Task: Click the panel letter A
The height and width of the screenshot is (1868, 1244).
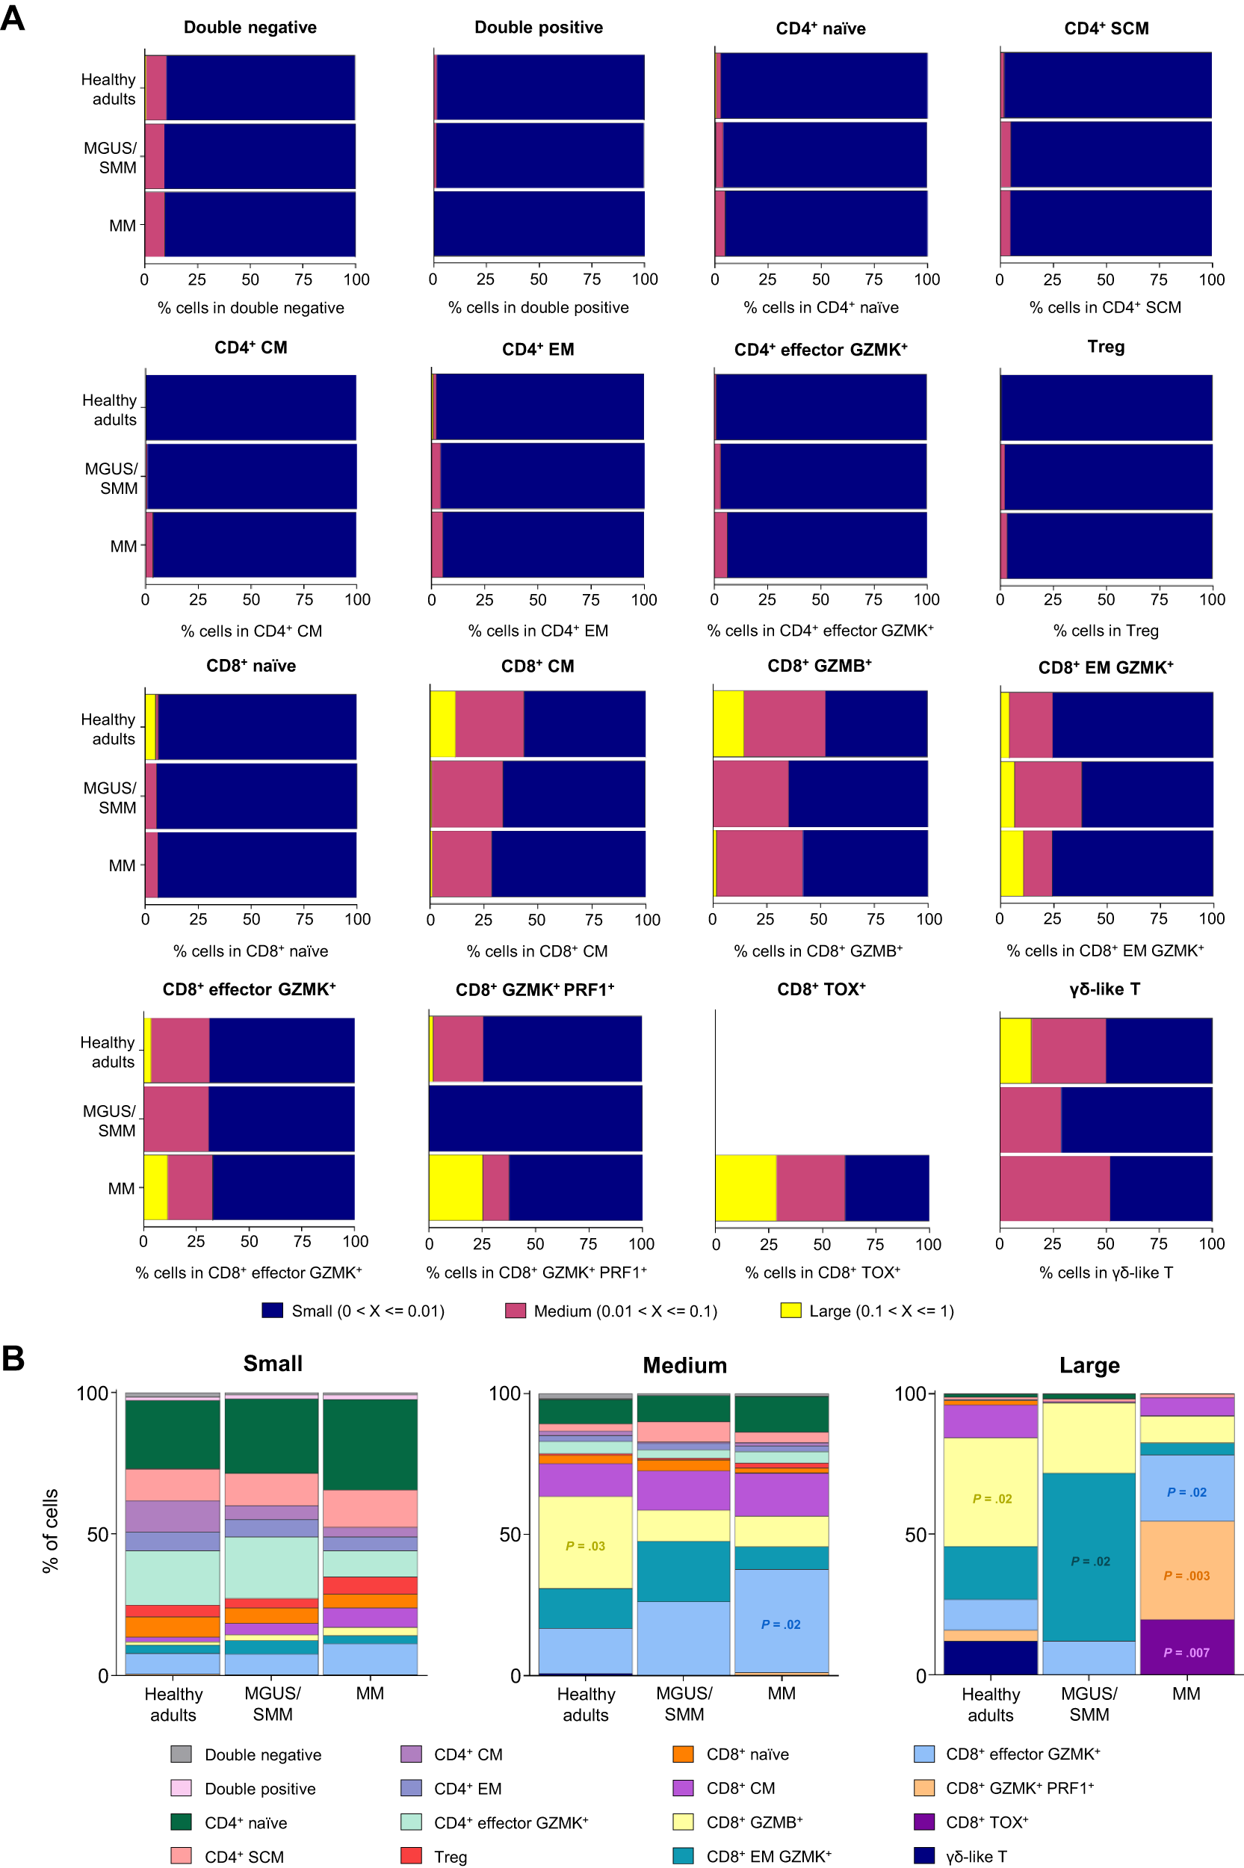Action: tap(13, 17)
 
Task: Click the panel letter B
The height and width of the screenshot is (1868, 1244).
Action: tap(13, 1357)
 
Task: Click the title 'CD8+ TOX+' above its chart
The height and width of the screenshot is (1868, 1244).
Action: tap(821, 989)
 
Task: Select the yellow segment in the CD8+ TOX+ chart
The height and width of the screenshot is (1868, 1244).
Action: tap(746, 1187)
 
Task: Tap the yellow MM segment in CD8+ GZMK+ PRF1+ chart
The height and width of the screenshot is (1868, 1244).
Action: tap(456, 1187)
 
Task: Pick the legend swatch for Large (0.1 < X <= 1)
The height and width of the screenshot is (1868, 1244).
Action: tap(790, 1311)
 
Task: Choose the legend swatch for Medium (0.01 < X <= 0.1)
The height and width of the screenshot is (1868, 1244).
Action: tap(516, 1311)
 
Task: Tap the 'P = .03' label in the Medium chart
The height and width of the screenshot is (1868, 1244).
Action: tap(586, 1546)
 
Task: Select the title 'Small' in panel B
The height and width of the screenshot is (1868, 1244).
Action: tap(272, 1364)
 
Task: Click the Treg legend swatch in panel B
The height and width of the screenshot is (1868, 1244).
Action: tap(411, 1855)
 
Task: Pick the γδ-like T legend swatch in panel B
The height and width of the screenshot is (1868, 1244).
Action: tap(924, 1855)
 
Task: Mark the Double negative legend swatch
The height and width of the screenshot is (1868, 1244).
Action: tap(181, 1754)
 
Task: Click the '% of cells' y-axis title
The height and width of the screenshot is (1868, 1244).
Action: tap(51, 1530)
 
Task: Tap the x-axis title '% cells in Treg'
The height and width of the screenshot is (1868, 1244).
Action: tap(1106, 631)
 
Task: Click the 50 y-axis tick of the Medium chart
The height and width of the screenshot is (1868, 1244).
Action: tap(510, 1534)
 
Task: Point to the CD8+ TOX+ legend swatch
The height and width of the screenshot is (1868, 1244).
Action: tap(924, 1821)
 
